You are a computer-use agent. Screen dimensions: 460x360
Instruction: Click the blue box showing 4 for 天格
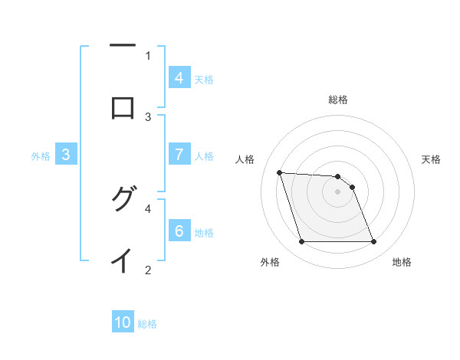179,77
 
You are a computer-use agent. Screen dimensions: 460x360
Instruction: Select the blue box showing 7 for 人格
179,155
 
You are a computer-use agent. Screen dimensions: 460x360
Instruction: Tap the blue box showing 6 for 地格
179,231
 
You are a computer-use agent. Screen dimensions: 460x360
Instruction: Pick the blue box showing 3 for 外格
66,155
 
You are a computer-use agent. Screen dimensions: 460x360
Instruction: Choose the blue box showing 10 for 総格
123,322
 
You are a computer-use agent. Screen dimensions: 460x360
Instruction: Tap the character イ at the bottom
123,261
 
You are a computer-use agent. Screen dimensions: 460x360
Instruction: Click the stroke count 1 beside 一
148,55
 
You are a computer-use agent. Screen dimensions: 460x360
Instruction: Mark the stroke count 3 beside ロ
148,116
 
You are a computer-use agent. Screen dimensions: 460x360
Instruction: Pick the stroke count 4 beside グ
148,208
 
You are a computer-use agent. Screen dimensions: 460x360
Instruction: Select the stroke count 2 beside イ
148,270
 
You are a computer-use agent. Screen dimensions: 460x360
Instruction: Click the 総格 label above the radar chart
338,100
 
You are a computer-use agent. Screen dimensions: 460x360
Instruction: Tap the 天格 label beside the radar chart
431,159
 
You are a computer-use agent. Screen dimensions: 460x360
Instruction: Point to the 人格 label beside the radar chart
245,159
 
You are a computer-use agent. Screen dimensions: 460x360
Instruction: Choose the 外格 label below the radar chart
270,262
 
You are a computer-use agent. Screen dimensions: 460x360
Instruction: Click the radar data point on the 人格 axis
279,172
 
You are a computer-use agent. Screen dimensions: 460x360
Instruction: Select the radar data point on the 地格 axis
373,242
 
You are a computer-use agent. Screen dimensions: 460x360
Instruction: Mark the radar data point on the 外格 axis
301,242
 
